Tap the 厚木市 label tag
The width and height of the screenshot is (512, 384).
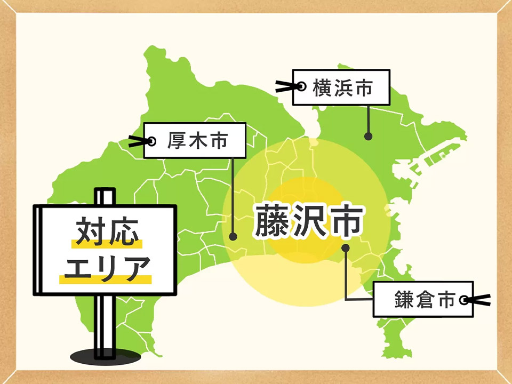coord(195,141)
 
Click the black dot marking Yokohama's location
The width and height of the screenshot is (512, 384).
coord(368,137)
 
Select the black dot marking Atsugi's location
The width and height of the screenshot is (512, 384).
coord(233,236)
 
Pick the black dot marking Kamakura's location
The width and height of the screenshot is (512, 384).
coord(346,247)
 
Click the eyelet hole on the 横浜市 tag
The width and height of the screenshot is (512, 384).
coord(302,86)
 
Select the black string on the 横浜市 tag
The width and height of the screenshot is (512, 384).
coord(285,86)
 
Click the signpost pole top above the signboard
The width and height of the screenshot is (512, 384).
coord(105,196)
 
